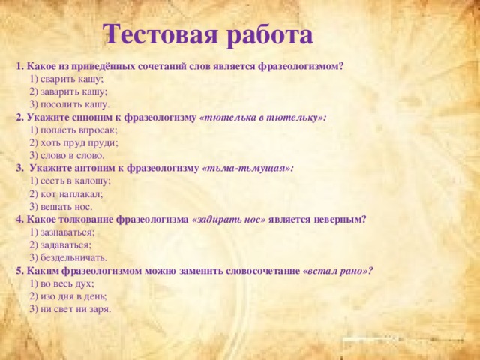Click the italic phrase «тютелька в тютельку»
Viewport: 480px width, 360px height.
point(262,118)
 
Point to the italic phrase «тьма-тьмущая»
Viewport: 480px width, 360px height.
point(247,169)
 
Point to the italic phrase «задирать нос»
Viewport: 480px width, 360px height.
point(229,220)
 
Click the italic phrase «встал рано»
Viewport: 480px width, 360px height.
point(337,271)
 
